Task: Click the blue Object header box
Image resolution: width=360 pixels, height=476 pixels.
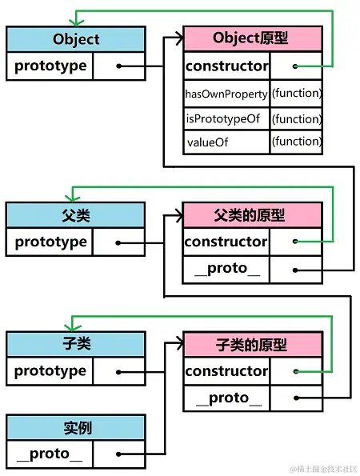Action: pos(76,39)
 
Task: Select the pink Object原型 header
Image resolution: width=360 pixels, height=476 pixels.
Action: pos(252,39)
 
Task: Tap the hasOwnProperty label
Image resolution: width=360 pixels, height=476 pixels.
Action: pos(226,94)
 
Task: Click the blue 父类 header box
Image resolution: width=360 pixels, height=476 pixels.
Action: pos(76,215)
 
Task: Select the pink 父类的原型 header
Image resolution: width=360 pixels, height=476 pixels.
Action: pos(252,215)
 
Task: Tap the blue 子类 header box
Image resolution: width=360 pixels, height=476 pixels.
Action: pos(76,344)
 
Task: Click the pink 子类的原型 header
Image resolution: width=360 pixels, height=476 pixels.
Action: pos(252,345)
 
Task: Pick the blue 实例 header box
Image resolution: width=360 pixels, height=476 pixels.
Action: pos(76,427)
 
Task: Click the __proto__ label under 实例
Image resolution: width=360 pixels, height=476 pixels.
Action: pos(50,454)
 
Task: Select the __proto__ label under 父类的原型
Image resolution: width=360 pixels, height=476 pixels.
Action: pos(226,270)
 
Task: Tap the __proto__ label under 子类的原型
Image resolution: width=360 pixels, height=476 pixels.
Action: pos(226,398)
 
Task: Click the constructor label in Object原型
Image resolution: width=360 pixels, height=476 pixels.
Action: pos(226,66)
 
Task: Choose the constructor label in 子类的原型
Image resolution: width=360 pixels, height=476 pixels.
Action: pos(226,371)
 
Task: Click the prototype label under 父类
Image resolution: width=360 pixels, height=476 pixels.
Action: pos(50,242)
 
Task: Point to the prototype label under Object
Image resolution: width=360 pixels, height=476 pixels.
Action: pos(50,66)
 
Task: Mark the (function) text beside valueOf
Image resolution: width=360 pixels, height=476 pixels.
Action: pos(296,142)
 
